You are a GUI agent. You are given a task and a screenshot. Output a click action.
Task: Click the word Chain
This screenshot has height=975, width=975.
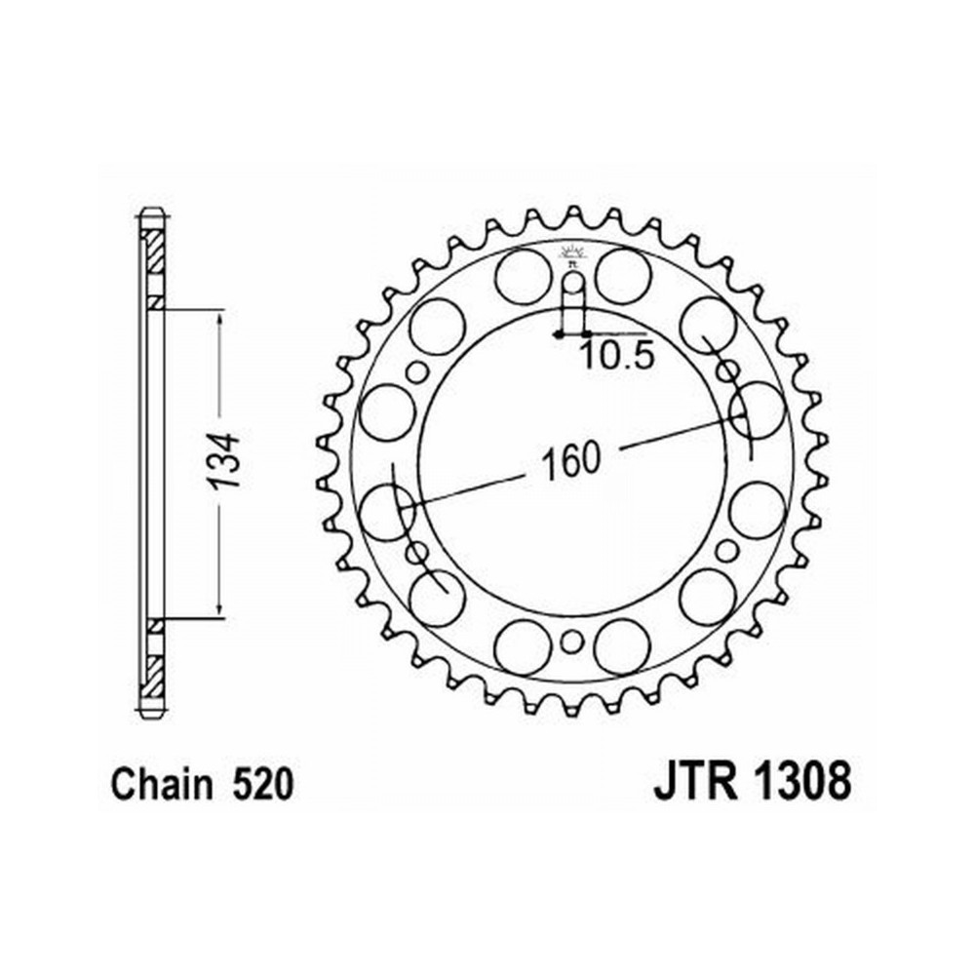(x=161, y=784)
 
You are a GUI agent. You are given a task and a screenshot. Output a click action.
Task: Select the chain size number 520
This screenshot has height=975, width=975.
(x=261, y=784)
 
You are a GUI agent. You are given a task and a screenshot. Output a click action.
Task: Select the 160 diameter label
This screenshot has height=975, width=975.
(x=571, y=461)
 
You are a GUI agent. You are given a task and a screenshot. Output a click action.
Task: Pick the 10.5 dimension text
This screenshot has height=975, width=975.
(x=617, y=356)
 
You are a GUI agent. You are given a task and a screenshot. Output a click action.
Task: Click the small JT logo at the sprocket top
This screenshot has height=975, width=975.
(x=572, y=254)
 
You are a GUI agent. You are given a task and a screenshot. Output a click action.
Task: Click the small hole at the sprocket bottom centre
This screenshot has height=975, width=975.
(x=572, y=642)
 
